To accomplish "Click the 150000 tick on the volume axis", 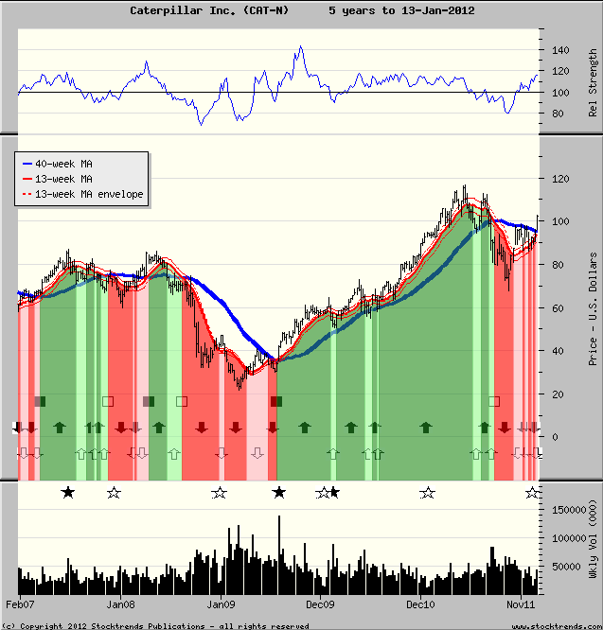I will [565, 509].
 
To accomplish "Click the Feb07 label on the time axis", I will [21, 604].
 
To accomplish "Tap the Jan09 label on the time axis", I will [221, 604].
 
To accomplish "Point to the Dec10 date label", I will [419, 604].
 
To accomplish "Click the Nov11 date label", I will [520, 604].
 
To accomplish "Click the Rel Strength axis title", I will [594, 84].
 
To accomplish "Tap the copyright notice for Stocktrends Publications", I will [156, 625].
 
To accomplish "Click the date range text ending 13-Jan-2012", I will [401, 10].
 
